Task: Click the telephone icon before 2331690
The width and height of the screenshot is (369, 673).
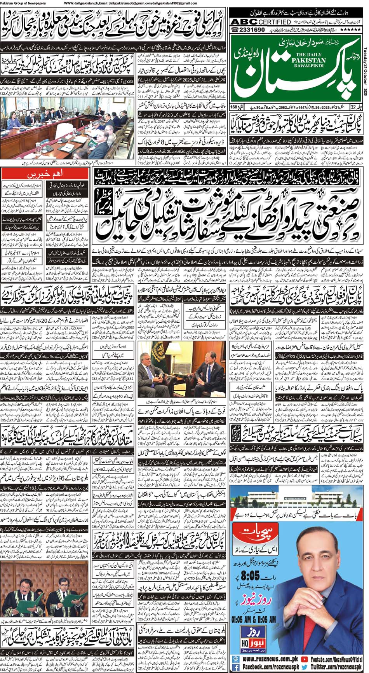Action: point(235,30)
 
